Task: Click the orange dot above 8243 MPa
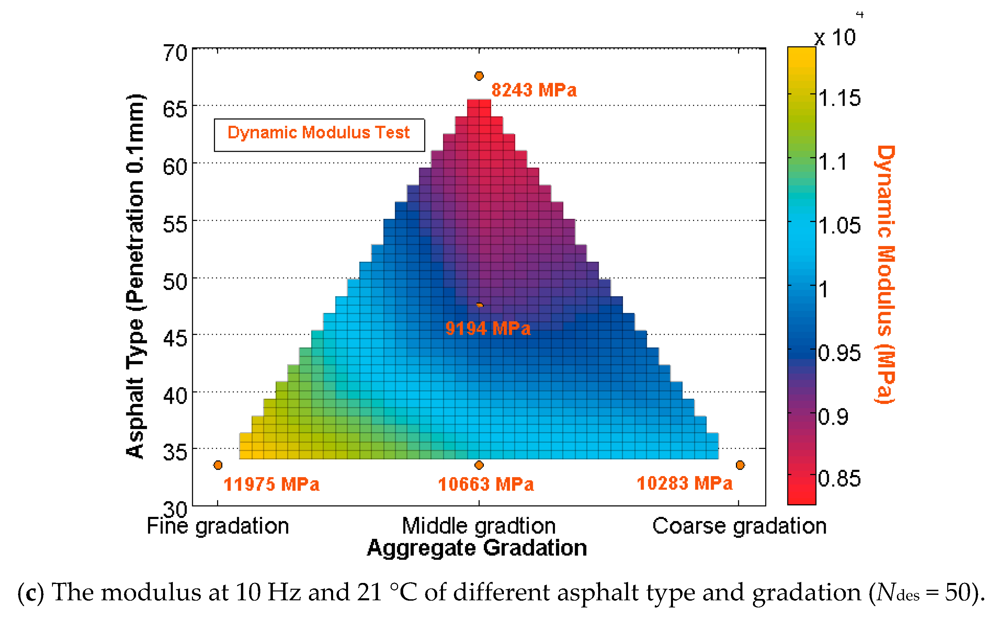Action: coord(479,76)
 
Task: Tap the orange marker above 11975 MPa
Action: coord(218,465)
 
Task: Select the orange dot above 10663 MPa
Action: coord(479,465)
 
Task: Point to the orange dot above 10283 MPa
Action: coord(740,465)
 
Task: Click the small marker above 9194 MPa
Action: coord(480,305)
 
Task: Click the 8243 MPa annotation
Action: coord(534,90)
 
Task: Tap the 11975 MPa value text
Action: coord(271,484)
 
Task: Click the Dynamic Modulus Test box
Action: coord(319,135)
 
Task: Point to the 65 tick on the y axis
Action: coord(175,110)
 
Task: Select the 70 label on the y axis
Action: coord(175,53)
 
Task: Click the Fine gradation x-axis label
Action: coord(218,526)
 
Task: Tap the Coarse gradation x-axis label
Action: coord(739,526)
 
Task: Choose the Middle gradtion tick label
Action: coord(478,526)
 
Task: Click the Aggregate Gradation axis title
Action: coord(477,548)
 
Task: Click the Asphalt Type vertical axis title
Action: coord(135,276)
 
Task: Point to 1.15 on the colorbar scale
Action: coord(840,98)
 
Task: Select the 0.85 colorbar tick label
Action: coord(840,478)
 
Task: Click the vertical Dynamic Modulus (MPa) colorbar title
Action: coord(885,275)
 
